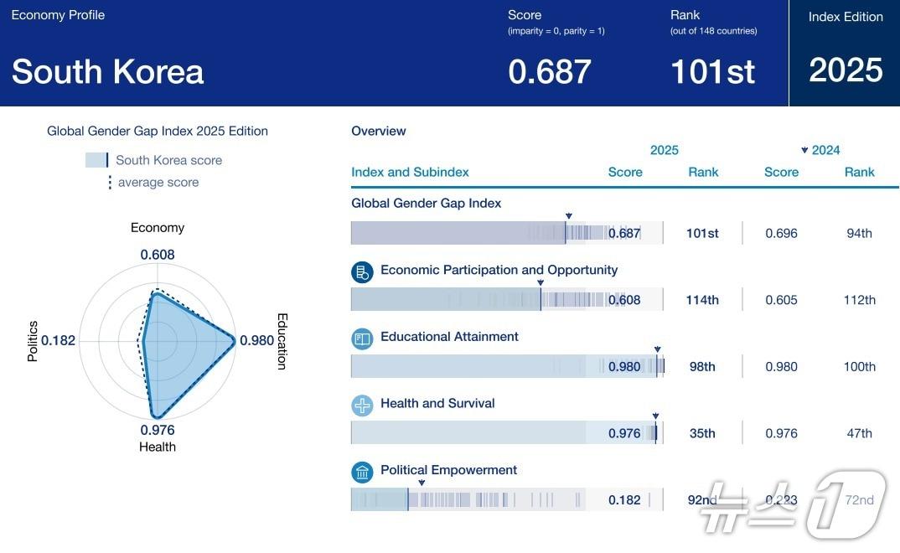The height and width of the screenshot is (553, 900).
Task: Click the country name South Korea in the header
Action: click(x=107, y=72)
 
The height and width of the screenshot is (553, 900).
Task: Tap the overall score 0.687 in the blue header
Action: click(x=550, y=72)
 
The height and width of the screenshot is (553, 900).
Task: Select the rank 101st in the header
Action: click(x=712, y=72)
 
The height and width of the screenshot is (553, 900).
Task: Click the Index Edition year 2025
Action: click(x=846, y=70)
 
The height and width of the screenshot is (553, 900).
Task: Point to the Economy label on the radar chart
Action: click(x=158, y=228)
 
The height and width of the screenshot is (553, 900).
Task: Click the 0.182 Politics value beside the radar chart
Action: click(x=58, y=340)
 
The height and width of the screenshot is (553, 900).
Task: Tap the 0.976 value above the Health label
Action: click(x=158, y=430)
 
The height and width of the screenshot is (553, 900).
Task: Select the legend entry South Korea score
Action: click(x=168, y=160)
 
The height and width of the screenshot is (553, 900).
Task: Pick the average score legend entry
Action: click(x=158, y=183)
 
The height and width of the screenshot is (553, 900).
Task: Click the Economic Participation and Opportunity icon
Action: click(x=362, y=271)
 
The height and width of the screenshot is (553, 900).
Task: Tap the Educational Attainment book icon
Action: click(x=362, y=339)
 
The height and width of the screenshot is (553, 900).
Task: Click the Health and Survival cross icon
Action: click(x=362, y=406)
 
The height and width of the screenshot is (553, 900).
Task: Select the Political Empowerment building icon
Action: click(x=362, y=473)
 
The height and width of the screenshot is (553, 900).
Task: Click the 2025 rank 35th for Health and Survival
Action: click(x=702, y=433)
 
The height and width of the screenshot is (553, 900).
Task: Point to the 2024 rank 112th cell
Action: click(x=859, y=300)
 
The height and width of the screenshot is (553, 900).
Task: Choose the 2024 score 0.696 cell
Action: click(x=781, y=233)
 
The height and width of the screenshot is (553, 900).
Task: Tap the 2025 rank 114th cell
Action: click(x=702, y=300)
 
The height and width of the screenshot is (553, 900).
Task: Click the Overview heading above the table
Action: click(x=379, y=131)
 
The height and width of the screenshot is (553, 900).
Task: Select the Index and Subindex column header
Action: click(x=410, y=172)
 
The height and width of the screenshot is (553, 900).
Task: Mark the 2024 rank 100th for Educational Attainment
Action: click(x=859, y=367)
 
